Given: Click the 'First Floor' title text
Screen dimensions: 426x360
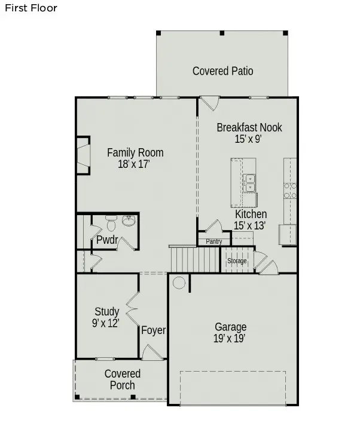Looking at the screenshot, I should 32,8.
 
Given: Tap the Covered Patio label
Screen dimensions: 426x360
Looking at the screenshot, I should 222,71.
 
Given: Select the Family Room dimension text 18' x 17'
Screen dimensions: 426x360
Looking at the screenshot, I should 135,164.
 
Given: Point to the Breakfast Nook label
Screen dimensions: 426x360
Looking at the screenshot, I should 249,127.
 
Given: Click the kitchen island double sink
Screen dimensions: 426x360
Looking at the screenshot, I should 249,183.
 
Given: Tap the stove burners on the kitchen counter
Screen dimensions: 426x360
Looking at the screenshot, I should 290,191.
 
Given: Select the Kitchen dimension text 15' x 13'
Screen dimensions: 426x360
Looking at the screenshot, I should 250,225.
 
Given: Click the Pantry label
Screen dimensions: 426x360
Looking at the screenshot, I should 213,241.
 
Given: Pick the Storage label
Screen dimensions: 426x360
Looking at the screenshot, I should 237,261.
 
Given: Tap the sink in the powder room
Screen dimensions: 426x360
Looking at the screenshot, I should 129,221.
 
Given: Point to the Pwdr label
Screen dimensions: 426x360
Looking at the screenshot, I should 106,240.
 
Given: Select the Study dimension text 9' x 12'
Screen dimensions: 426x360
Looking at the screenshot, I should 106,323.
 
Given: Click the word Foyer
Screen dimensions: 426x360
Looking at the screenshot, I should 153,330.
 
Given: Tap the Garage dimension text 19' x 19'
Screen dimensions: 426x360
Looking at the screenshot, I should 230,338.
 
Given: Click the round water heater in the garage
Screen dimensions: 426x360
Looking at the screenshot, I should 179,283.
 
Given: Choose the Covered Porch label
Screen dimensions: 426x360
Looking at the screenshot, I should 122,379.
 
